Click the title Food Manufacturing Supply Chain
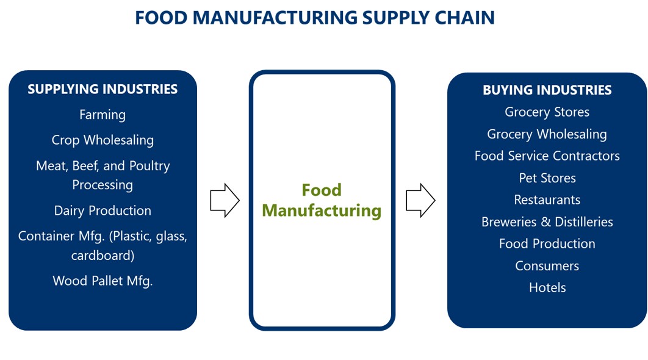[314, 18]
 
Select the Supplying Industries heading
[103, 89]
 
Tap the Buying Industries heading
[547, 90]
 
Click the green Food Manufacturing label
[322, 200]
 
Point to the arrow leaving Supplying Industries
[225, 200]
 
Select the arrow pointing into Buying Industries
[420, 200]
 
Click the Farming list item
[103, 115]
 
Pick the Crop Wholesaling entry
[103, 140]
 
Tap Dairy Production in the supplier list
[103, 211]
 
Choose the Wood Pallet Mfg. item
[103, 281]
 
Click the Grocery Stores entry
[547, 112]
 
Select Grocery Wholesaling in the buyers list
[547, 134]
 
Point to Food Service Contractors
[547, 156]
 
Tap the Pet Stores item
[547, 178]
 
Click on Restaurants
[547, 200]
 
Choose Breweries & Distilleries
[547, 222]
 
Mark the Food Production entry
[547, 244]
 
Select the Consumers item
[547, 266]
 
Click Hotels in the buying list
[547, 288]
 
